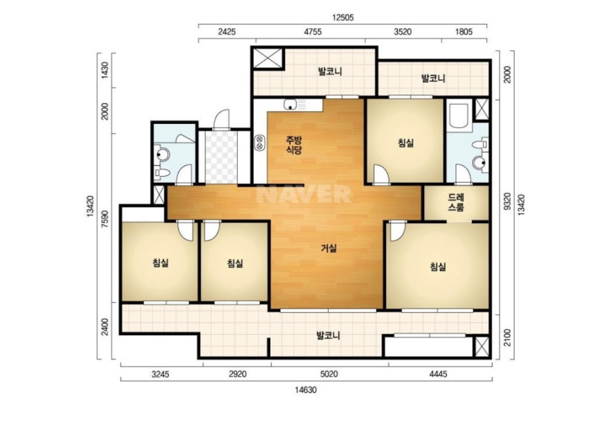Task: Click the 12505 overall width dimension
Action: click(x=343, y=18)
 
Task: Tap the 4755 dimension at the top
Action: click(x=313, y=32)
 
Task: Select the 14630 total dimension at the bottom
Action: click(x=306, y=390)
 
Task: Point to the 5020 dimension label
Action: click(x=329, y=374)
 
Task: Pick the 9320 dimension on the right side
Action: click(x=507, y=201)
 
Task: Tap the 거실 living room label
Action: click(x=329, y=248)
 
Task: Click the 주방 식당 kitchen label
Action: click(x=294, y=145)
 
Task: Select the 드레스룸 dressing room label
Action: click(x=456, y=202)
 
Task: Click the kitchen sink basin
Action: click(x=290, y=104)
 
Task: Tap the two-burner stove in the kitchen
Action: click(x=260, y=143)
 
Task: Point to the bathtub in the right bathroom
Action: click(x=459, y=116)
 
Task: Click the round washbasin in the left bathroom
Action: click(x=163, y=155)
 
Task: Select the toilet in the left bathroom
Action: click(x=162, y=173)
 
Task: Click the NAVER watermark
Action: click(x=303, y=194)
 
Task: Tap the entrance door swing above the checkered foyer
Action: click(x=222, y=119)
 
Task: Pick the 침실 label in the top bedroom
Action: click(x=406, y=143)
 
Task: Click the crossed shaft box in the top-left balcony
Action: click(x=268, y=58)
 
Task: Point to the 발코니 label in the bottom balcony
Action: click(x=328, y=336)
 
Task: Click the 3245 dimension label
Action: click(x=161, y=375)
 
